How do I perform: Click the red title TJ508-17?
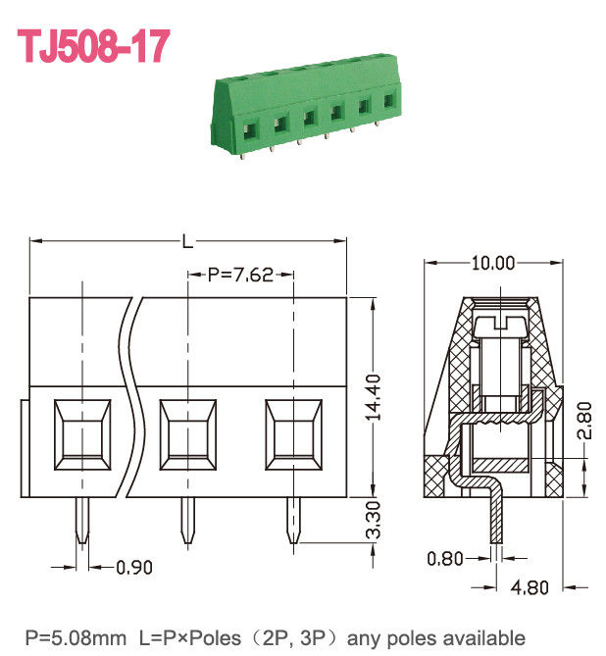pos(95,46)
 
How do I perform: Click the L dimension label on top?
pos(187,240)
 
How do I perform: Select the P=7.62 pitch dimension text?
pos(240,276)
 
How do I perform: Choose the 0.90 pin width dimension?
pos(134,567)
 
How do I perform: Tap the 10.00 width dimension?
pos(492,263)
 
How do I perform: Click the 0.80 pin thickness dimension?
pos(445,559)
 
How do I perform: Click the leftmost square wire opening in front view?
pos(79,431)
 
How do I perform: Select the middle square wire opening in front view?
pos(186,431)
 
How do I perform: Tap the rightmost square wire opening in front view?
pos(293,431)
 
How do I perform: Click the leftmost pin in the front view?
pos(80,520)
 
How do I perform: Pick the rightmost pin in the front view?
pos(293,520)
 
